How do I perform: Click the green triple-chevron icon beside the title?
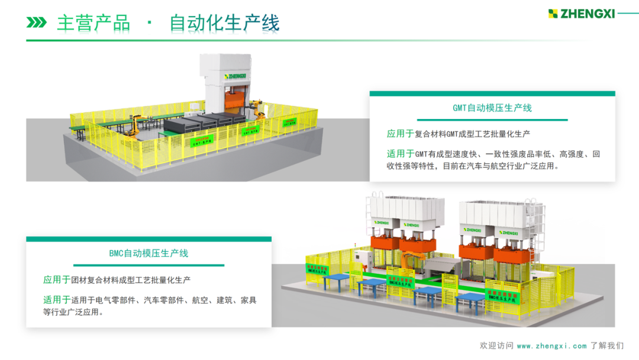pos(37,22)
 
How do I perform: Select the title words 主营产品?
pos(93,22)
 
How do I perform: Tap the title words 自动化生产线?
pos(224,22)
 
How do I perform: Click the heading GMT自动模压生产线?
pos(492,108)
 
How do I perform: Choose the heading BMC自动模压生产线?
pos(149,253)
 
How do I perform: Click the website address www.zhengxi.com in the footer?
pos(551,346)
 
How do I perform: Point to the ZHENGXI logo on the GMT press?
pos(235,76)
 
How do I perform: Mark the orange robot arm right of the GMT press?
pos(257,109)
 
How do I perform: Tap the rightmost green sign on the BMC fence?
pos(502,295)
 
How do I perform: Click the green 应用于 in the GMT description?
pos(400,134)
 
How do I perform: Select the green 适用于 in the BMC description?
pos(57,300)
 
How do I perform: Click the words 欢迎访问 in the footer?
pos(496,346)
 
